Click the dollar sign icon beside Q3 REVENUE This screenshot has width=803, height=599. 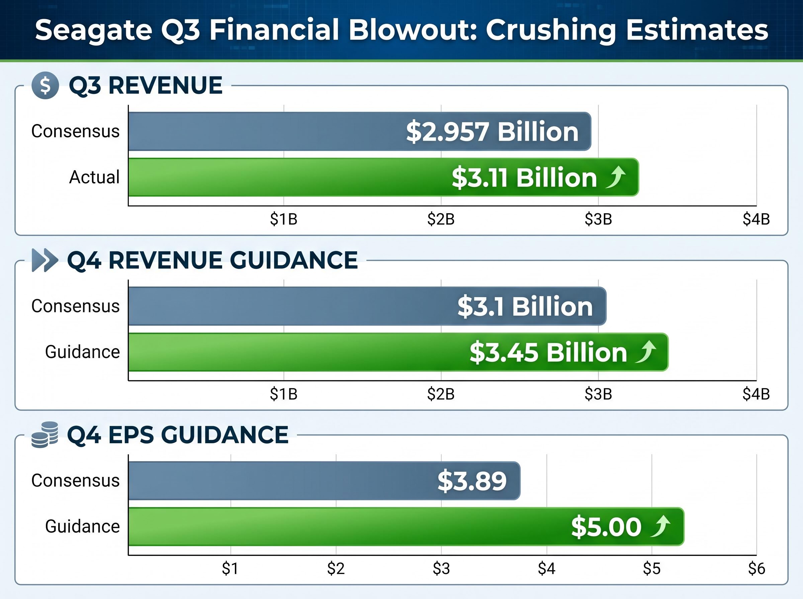(x=45, y=86)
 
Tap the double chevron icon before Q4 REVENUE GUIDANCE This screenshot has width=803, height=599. (x=44, y=260)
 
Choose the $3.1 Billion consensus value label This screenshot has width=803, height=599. (x=525, y=307)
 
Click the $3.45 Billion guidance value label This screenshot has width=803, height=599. (x=548, y=352)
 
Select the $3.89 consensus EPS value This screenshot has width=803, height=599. (x=472, y=481)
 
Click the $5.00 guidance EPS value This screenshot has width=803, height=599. (x=606, y=527)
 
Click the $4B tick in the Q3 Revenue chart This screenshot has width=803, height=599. (x=756, y=219)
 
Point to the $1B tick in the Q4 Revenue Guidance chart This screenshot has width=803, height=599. (x=283, y=394)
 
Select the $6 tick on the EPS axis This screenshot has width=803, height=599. (x=756, y=569)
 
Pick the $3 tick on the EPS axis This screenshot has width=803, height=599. (x=441, y=569)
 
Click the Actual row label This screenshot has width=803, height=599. (x=94, y=177)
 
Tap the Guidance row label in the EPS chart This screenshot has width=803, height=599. (x=82, y=526)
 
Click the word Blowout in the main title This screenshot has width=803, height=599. (x=412, y=30)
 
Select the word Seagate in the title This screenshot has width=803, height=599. (x=93, y=30)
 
